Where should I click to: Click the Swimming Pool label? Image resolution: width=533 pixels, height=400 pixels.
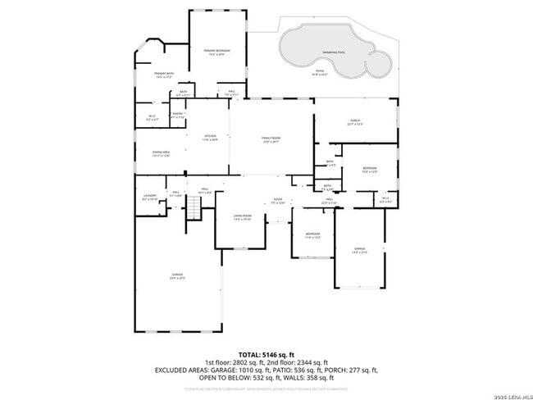[333, 52]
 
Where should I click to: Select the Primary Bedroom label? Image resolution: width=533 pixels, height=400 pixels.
[217, 51]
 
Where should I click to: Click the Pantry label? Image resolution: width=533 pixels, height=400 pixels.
[177, 115]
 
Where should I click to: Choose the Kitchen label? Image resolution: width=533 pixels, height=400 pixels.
[211, 137]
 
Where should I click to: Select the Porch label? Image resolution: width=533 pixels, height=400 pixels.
[355, 123]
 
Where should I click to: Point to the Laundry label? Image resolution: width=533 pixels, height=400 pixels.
[150, 197]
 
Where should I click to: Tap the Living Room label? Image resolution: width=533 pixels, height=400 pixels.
[242, 217]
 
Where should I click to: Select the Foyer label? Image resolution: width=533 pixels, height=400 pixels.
[279, 200]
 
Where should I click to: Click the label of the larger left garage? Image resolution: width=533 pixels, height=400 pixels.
[177, 275]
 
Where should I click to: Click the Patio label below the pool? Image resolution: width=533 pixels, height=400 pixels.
[321, 72]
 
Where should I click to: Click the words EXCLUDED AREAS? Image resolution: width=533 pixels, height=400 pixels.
[184, 370]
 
